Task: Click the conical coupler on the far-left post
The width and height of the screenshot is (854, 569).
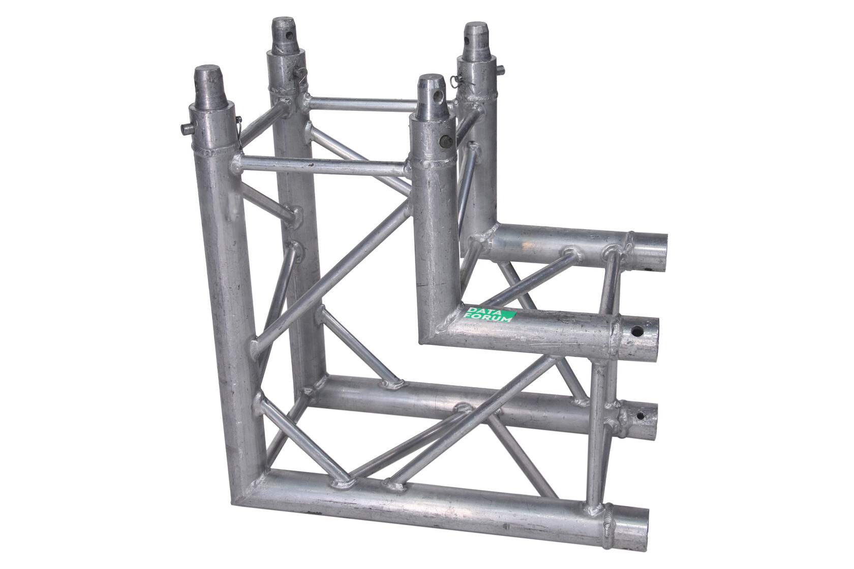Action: pyautogui.click(x=209, y=88)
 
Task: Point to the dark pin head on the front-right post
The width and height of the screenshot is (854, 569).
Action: pyautogui.click(x=445, y=141)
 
